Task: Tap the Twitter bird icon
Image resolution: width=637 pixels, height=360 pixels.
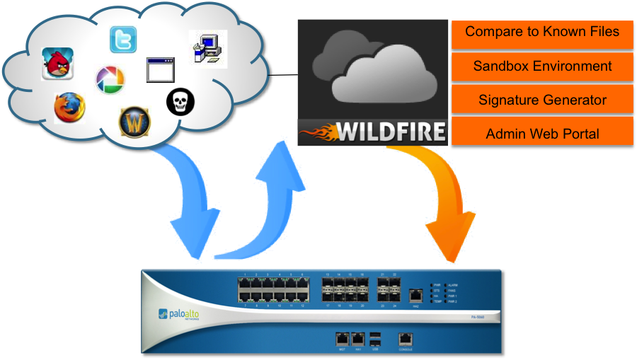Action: (123, 40)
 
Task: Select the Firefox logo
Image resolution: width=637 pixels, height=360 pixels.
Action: (69, 108)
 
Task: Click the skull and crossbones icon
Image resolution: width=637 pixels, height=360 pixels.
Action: (180, 102)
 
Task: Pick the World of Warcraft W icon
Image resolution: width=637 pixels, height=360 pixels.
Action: (134, 121)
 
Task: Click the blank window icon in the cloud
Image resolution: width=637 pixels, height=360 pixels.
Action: (160, 69)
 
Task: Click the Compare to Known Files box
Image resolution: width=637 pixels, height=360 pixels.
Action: (542, 33)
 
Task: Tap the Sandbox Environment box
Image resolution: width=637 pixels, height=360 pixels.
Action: (542, 66)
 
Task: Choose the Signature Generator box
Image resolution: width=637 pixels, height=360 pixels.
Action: (542, 100)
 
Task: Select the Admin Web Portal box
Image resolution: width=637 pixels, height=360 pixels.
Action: (542, 133)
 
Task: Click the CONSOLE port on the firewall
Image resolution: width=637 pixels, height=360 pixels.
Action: (405, 339)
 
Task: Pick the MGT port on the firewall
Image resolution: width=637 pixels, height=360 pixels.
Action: (341, 339)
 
